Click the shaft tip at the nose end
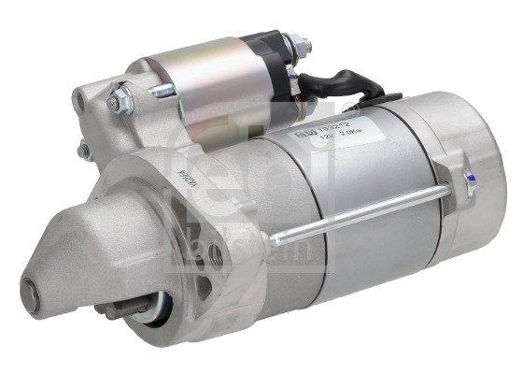[x=30, y=297]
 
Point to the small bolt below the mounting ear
[x=84, y=150]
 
